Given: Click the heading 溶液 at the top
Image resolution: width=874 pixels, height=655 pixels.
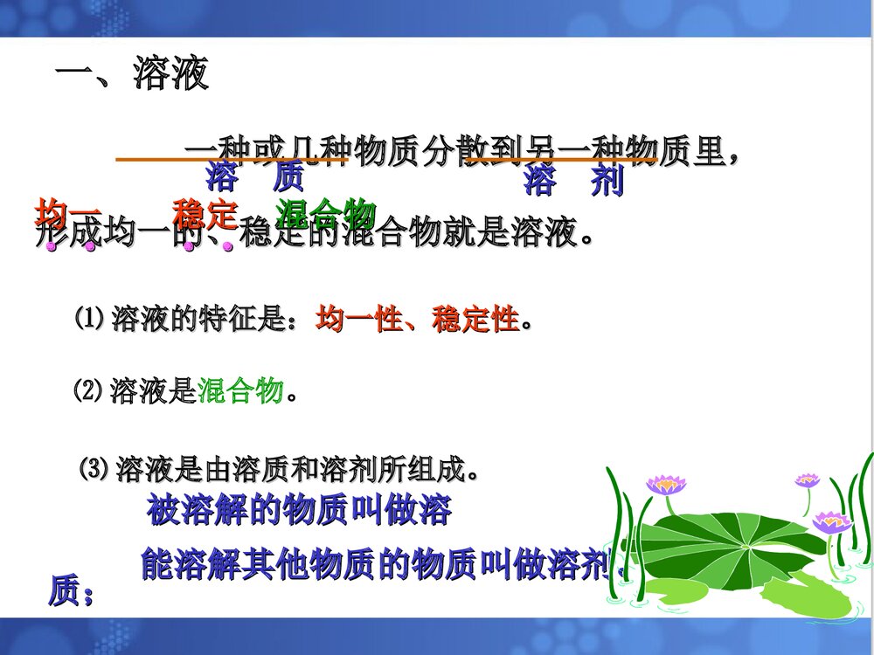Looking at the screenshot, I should point(170,75).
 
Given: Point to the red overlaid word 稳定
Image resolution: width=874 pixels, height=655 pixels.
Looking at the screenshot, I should point(205,212).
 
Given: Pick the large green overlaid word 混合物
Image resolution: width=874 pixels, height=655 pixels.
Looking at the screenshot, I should point(325,212).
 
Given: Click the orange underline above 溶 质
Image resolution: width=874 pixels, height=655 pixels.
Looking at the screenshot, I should point(232,161).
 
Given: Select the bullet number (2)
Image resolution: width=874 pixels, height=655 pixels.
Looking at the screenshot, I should point(88,391).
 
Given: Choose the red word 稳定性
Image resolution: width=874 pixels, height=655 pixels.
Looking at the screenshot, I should point(475,320).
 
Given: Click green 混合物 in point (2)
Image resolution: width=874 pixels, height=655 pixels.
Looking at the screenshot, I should point(240,392).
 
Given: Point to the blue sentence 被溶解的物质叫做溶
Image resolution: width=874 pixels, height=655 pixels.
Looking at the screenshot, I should point(299,510).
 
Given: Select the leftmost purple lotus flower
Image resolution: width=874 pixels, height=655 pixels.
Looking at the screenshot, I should point(666,485).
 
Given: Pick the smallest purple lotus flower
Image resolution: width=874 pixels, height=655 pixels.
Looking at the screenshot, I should point(806,479).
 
